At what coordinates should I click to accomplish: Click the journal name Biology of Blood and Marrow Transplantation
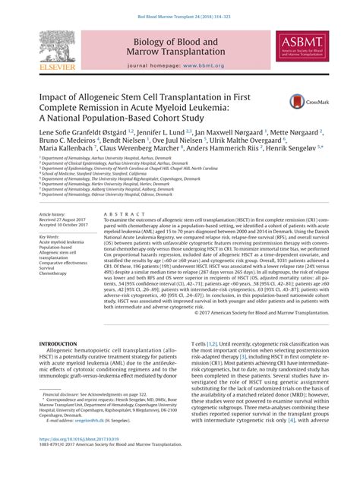pos(179,47)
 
